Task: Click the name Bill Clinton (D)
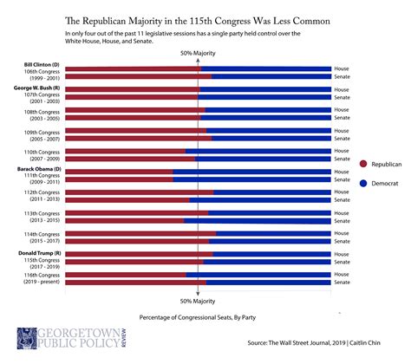point(42,65)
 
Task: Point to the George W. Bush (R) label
point(36,88)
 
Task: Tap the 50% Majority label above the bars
point(198,55)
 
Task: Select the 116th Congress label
point(42,275)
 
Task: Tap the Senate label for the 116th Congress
point(342,283)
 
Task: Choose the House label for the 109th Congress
point(342,130)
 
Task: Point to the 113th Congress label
point(42,213)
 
